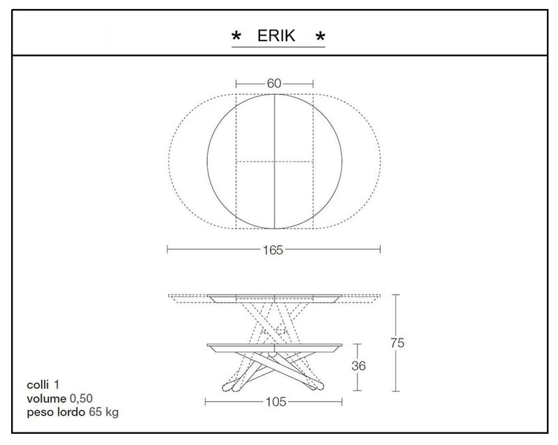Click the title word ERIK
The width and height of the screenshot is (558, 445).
[x=276, y=36]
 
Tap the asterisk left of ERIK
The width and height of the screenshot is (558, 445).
[x=236, y=36]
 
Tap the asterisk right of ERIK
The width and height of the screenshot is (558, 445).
[x=320, y=36]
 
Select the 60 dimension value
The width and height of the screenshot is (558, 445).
[x=274, y=84]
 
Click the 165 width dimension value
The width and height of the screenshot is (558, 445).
[x=273, y=250]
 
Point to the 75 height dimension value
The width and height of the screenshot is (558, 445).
[x=397, y=343]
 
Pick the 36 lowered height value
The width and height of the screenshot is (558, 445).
[x=359, y=366]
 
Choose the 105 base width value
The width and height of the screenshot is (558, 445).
[x=276, y=402]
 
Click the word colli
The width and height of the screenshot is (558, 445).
[x=38, y=385]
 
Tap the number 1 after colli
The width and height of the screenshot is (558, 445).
[x=56, y=385]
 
